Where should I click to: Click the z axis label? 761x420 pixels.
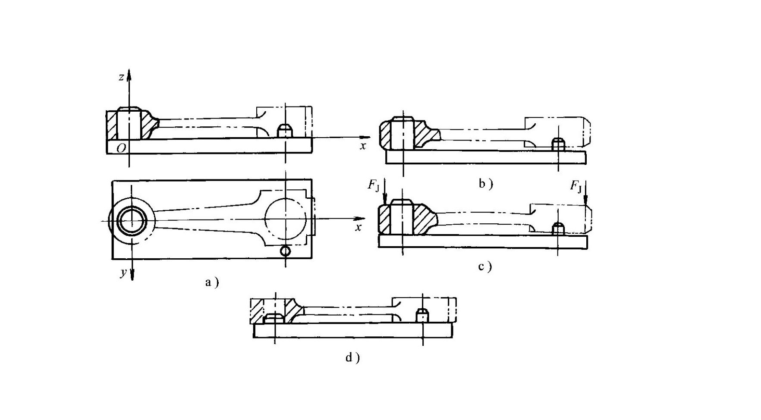point(122,77)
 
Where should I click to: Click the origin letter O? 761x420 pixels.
point(121,148)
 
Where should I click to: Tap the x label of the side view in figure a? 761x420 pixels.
point(363,146)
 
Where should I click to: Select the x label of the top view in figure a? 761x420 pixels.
point(358,228)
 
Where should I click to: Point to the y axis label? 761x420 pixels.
point(124,273)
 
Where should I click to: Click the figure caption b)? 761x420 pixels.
point(486,184)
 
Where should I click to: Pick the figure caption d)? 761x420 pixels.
point(352,357)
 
